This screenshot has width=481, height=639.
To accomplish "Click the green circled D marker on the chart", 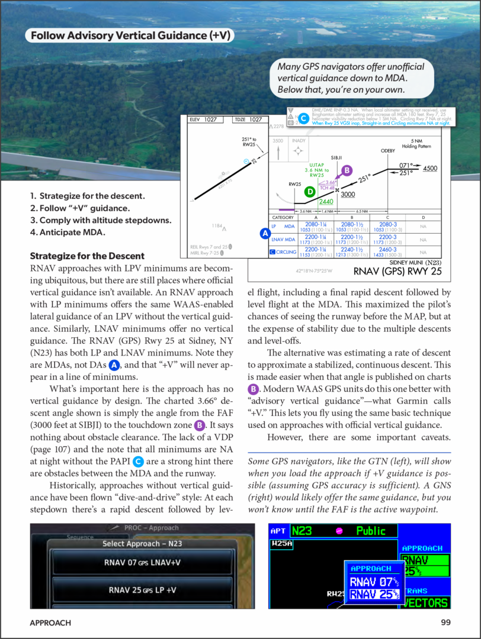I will [309, 191].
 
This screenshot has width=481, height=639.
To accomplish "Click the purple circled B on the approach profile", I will [347, 170].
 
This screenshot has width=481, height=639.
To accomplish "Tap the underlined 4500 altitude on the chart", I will [430, 169].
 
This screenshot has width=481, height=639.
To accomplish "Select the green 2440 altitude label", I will [326, 202].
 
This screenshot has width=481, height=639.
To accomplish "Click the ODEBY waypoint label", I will [387, 151].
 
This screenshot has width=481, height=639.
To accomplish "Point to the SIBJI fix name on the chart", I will [336, 157].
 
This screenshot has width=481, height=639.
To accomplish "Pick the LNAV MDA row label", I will [283, 239].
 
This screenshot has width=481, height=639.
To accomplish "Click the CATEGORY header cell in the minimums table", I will [283, 217].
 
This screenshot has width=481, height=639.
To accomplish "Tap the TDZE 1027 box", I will [248, 120].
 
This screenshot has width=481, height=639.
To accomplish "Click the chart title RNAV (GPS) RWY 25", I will [397, 272].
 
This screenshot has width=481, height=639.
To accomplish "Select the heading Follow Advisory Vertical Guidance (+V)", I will [130, 36].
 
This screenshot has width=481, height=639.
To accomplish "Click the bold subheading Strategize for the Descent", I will [87, 256].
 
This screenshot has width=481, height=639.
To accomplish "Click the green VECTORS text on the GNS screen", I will [426, 602].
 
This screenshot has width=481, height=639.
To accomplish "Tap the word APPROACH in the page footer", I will [50, 622].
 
